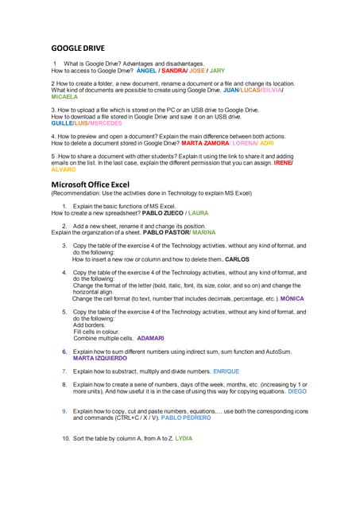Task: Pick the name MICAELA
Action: [65, 97]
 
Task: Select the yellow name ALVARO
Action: [64, 169]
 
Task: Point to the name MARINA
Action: [203, 233]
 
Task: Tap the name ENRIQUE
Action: [226, 371]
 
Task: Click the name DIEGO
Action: [297, 392]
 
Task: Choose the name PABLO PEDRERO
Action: [186, 418]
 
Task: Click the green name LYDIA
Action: [184, 438]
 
